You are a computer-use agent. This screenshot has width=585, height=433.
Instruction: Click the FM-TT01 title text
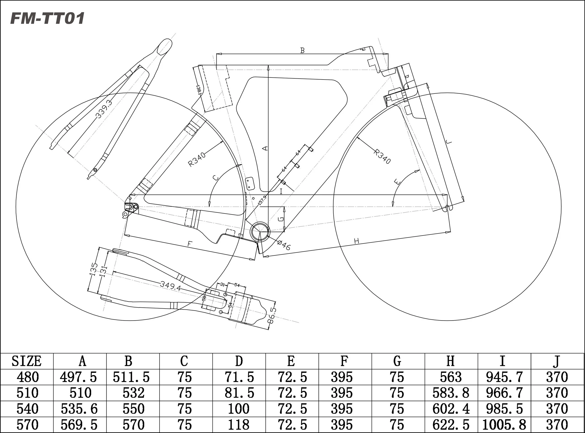[47, 19]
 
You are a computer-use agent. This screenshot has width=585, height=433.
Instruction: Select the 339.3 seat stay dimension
[103, 109]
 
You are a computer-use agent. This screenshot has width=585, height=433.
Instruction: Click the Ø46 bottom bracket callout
[284, 245]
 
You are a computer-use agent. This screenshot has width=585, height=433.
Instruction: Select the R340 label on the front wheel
[382, 157]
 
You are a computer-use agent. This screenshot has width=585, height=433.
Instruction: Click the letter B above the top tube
[302, 51]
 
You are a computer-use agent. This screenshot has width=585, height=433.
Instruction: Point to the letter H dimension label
[356, 241]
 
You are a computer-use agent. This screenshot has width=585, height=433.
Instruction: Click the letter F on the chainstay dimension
[189, 244]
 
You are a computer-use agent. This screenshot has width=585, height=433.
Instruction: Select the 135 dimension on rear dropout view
[93, 269]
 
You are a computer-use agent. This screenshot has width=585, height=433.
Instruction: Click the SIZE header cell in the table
[27, 361]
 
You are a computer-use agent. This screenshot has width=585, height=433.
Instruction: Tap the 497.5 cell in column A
[78, 377]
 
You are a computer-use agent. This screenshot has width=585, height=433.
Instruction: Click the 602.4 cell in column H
[451, 409]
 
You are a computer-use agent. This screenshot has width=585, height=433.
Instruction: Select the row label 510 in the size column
[27, 393]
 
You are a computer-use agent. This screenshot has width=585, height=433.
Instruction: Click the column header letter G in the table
[397, 361]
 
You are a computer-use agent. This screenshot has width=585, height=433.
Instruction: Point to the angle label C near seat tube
[216, 178]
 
